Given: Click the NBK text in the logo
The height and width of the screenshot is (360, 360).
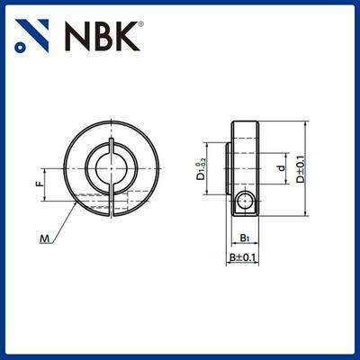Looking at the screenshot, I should pyautogui.click(x=101, y=35).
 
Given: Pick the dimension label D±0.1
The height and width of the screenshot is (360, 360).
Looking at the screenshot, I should pyautogui.click(x=301, y=167).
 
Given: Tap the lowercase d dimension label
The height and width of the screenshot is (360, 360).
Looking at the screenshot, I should pyautogui.click(x=281, y=167).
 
